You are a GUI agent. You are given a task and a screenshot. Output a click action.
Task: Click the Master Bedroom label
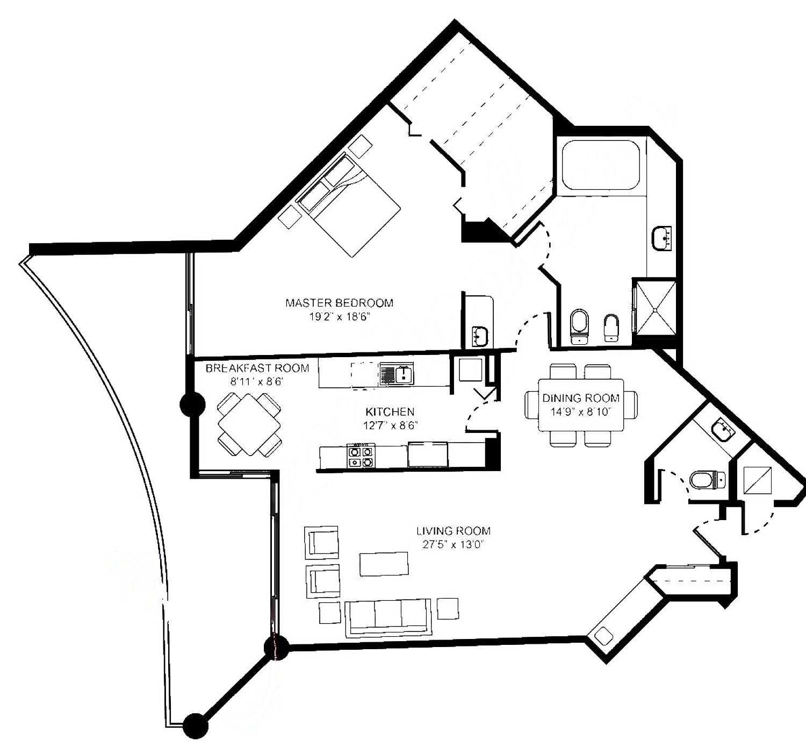pos(339,303)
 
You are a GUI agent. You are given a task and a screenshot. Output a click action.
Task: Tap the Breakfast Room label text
pos(257,368)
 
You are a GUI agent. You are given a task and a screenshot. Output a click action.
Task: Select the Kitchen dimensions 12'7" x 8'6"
pos(390,425)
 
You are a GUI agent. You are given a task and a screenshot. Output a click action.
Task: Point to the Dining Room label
pos(581,398)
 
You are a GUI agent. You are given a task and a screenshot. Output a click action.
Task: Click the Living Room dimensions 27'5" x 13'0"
pos(454,544)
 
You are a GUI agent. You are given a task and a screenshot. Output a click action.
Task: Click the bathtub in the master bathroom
pos(601,165)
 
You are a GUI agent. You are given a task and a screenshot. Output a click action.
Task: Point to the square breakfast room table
pos(249,425)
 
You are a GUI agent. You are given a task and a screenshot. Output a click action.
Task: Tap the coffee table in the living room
pos(384,564)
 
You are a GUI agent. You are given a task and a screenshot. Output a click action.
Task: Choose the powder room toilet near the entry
pos(707,479)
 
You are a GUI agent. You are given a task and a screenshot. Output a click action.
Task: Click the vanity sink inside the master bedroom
pos(480,336)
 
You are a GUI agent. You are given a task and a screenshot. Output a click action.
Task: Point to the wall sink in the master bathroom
pos(661,238)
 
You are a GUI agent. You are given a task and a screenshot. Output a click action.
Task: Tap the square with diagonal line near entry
pos(758,480)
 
